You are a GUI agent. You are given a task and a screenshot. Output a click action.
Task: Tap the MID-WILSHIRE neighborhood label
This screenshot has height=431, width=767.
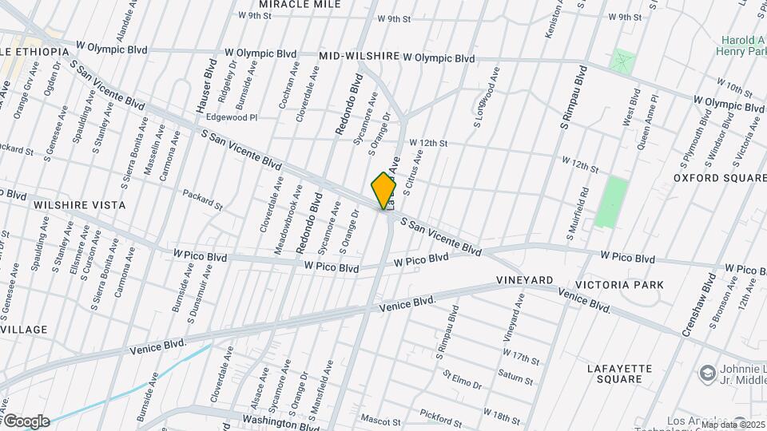coord(359,57)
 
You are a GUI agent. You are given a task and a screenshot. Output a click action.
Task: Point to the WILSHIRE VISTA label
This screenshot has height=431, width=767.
coord(79,205)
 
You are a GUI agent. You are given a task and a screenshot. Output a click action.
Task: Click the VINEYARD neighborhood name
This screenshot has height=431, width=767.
coord(524,281)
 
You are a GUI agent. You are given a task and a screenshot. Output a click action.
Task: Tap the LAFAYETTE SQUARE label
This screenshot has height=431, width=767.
coord(620,374)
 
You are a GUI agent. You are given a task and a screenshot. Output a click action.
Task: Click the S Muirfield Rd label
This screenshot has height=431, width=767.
coord(578,213)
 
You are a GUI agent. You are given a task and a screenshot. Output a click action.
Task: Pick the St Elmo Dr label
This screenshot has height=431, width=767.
coord(463,379)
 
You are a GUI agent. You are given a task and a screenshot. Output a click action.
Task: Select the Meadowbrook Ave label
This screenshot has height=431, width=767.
coord(286,219)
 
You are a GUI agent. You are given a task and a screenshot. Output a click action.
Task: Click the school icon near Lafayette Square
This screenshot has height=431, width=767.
coord(707,373)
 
